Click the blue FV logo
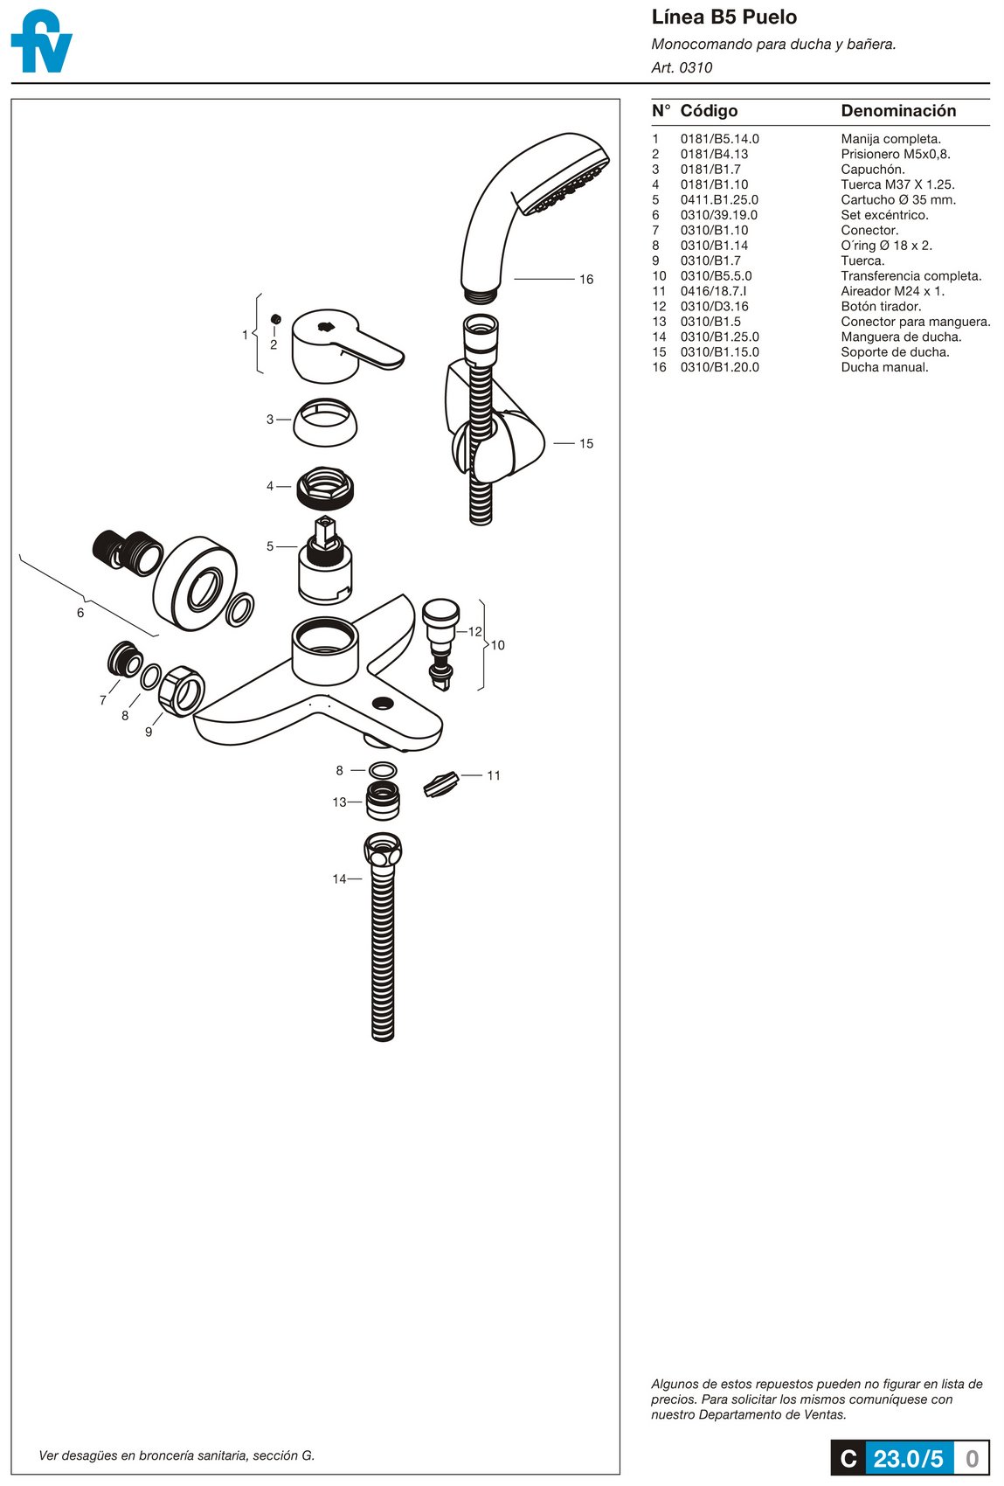click(40, 42)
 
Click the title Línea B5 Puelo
click(724, 17)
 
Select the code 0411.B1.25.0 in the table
click(719, 200)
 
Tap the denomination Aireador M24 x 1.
click(892, 291)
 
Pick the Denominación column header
click(897, 111)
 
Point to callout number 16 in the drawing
click(585, 280)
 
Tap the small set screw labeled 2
click(274, 320)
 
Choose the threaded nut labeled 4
click(325, 487)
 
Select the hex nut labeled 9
click(183, 691)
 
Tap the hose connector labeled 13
click(382, 802)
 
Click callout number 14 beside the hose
click(339, 878)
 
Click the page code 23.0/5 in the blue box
click(908, 1459)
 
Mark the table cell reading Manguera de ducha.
click(901, 337)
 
